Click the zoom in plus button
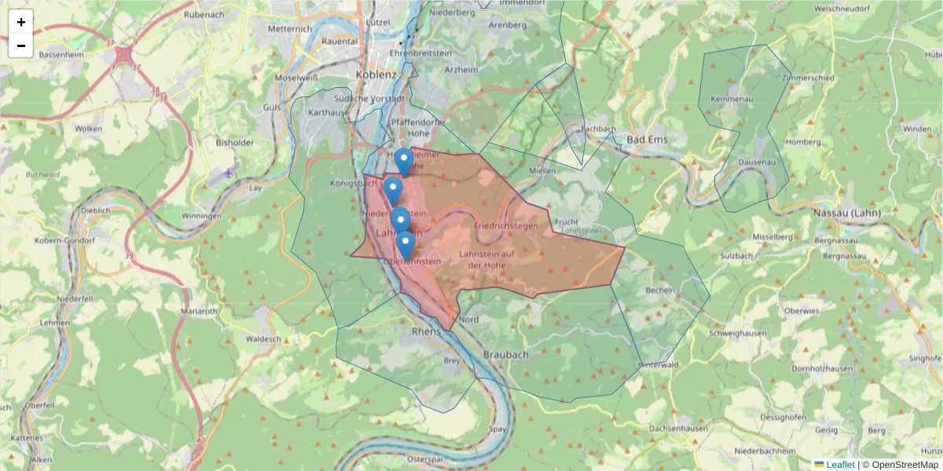pos(20,22)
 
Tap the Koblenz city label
pos(376,74)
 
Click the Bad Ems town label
pos(647,140)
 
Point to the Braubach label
pos(505,354)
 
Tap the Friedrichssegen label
pos(505,225)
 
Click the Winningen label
pos(201,216)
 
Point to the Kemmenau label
pos(732,99)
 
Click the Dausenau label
pos(756,162)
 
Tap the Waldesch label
pos(263,338)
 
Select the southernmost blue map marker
pos(405,244)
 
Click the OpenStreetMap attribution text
pos(900,465)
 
